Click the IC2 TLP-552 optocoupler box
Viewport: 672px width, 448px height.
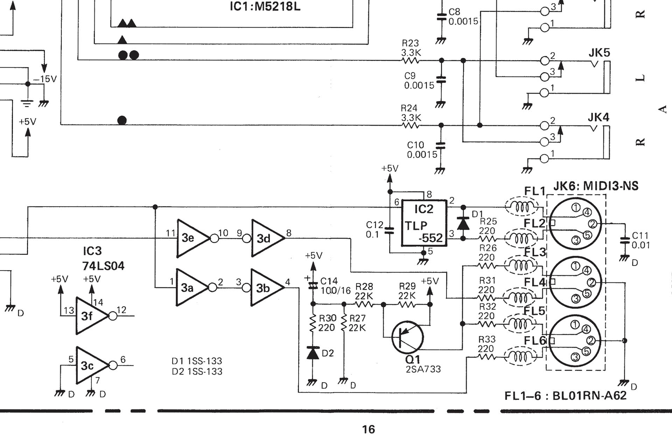[x=424, y=223]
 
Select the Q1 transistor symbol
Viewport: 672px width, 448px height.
[x=407, y=337]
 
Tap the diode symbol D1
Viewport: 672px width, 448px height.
[x=463, y=223]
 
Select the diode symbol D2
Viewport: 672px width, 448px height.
[x=313, y=353]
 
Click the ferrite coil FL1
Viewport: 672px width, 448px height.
[x=521, y=207]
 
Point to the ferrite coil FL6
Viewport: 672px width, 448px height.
[x=520, y=357]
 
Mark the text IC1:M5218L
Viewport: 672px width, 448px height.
[x=265, y=6]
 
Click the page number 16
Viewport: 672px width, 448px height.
[x=368, y=429]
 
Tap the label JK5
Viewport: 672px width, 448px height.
[x=599, y=53]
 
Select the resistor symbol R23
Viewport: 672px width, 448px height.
[x=410, y=61]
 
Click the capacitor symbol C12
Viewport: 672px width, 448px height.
[x=389, y=230]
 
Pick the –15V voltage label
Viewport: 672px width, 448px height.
[x=45, y=79]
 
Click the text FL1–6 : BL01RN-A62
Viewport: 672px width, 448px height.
[x=565, y=395]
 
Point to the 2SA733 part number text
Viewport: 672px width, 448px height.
[x=423, y=369]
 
